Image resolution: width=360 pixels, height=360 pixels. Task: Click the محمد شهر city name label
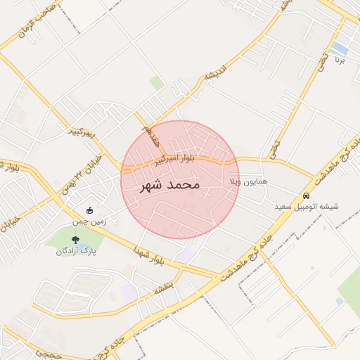[x=171, y=185]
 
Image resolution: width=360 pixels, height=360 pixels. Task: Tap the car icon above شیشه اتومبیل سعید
[x=306, y=195]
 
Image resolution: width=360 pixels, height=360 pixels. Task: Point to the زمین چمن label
[x=87, y=221]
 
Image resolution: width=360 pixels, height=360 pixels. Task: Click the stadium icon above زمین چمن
[x=89, y=210]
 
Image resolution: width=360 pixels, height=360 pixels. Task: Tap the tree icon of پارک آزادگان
[x=75, y=240]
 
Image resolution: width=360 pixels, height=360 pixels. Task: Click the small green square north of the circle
[x=156, y=83]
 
